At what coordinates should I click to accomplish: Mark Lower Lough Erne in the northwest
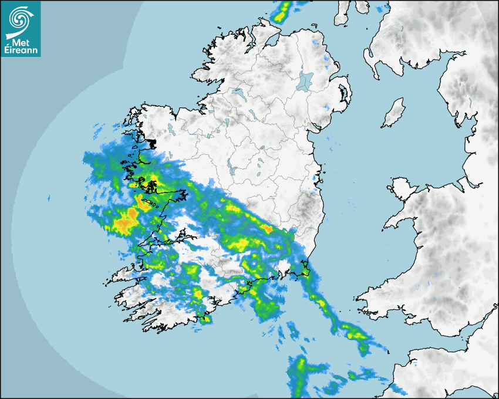(238, 93)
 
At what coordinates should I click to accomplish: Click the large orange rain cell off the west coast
(124, 224)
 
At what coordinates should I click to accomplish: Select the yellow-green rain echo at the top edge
(284, 10)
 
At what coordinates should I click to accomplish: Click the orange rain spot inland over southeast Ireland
(267, 228)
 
